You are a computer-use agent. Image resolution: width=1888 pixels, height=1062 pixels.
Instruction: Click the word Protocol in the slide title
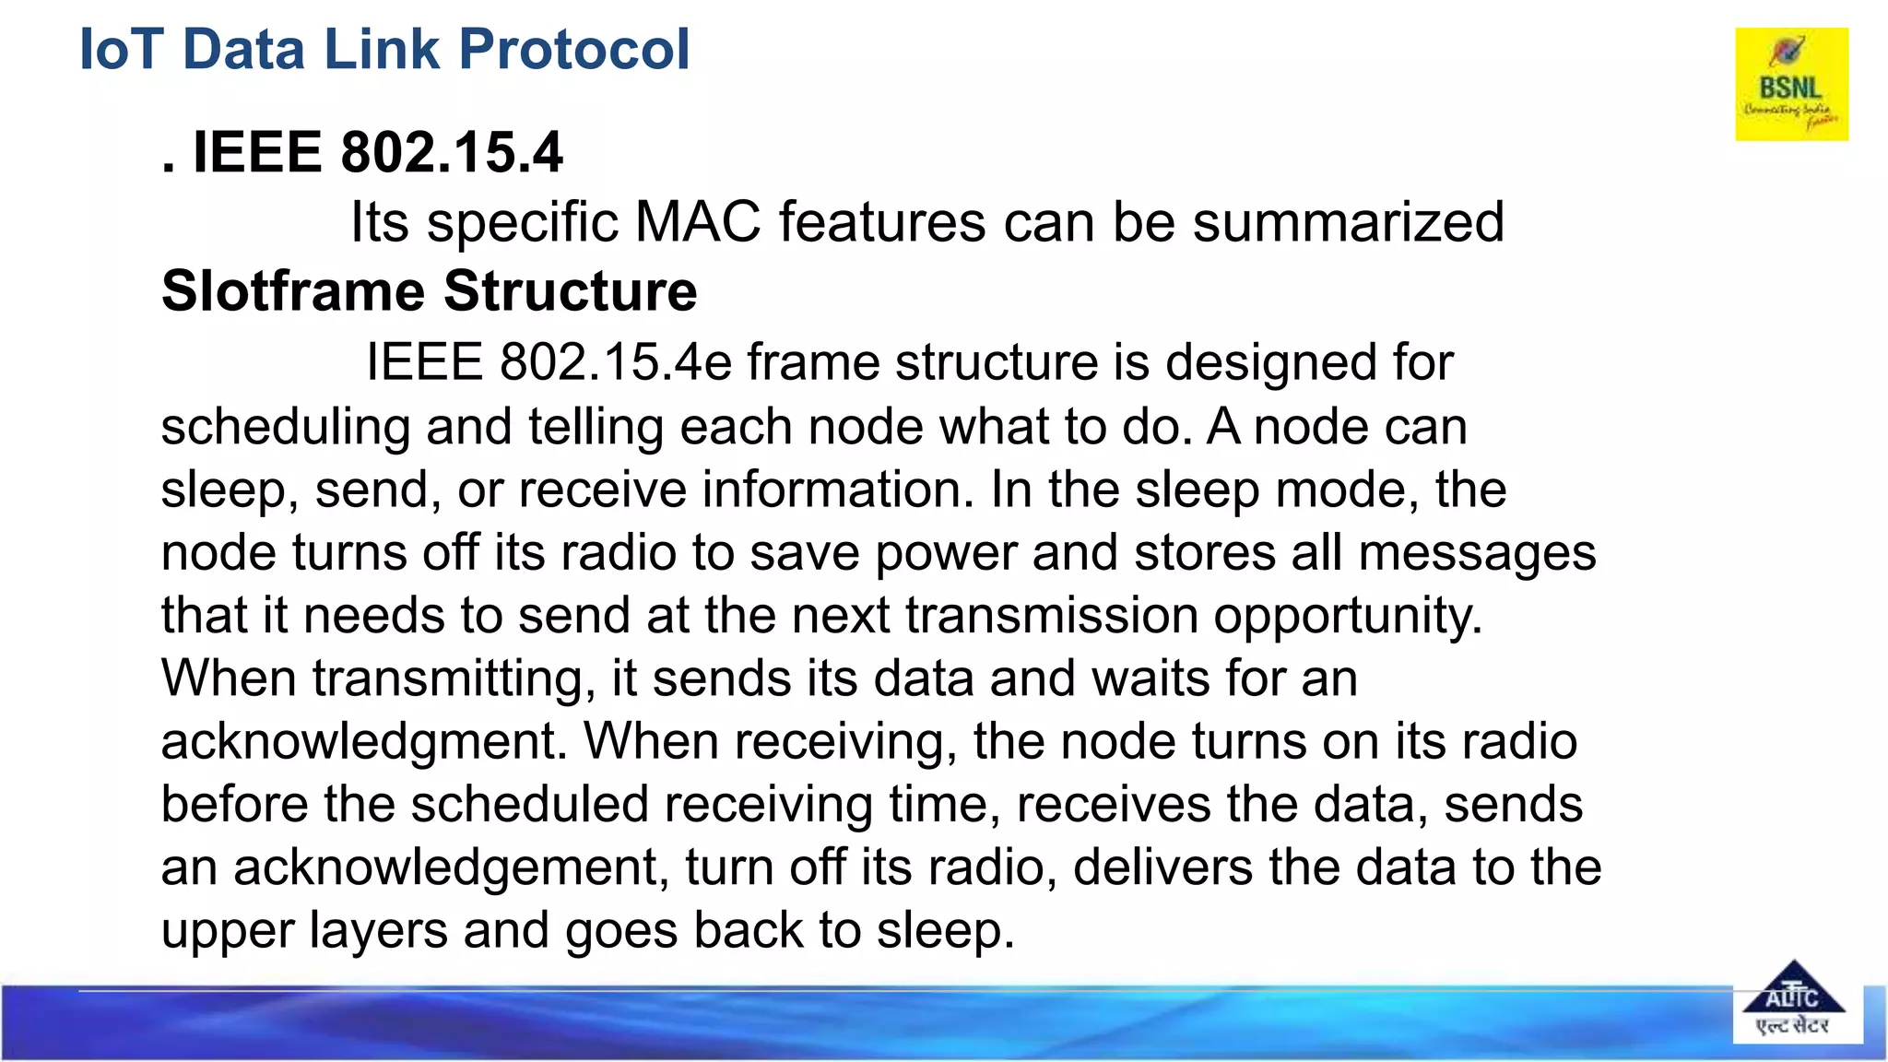tap(573, 49)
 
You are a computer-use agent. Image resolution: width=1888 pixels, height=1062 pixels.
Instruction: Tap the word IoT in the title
tap(121, 49)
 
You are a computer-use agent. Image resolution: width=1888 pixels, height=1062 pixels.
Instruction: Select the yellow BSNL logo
tap(1791, 84)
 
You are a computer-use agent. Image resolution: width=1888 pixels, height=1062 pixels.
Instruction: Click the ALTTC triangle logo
tap(1792, 1001)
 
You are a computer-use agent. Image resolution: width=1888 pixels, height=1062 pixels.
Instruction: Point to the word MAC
tap(698, 222)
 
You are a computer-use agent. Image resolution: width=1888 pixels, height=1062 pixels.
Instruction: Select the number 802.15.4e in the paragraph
tap(615, 361)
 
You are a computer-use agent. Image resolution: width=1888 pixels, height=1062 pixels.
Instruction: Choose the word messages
tap(1477, 553)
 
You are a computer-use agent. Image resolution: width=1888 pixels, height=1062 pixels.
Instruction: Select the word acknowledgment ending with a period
tap(364, 742)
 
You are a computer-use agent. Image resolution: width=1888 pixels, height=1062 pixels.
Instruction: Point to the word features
tap(882, 222)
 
